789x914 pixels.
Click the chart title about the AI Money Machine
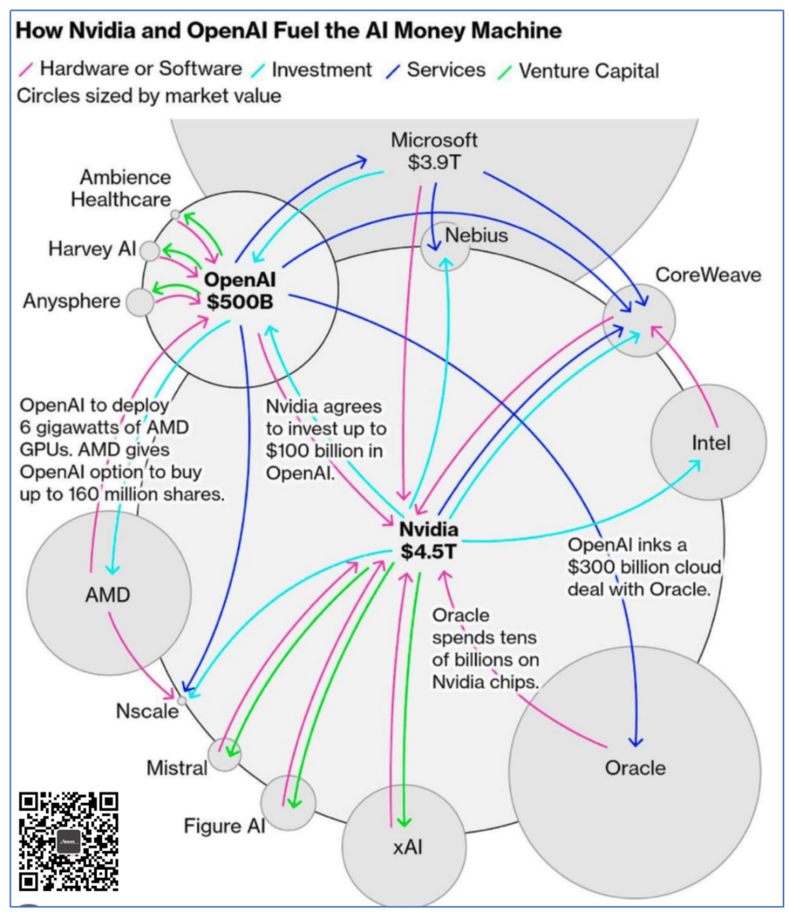(289, 32)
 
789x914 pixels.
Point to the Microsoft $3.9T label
(434, 152)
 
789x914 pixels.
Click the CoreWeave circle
(639, 320)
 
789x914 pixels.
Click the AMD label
(107, 594)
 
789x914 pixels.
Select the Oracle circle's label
(635, 767)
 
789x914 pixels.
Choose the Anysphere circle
(140, 302)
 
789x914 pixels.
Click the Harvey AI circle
(149, 250)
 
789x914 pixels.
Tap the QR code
(68, 841)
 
